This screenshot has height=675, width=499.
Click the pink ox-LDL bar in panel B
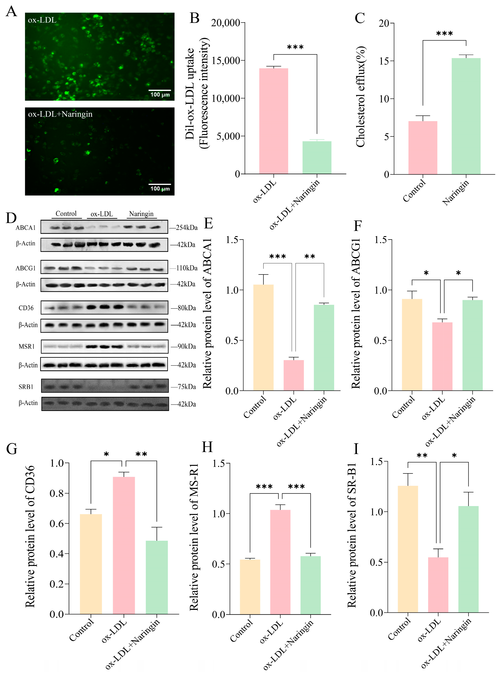pos(273,121)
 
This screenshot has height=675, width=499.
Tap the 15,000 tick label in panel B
pos(226,60)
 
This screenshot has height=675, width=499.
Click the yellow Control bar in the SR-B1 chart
pos(408,549)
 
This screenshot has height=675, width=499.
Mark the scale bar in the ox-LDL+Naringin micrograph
pos(160,184)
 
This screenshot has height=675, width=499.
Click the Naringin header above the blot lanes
pos(141,214)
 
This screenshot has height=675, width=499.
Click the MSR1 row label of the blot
pos(27,346)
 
